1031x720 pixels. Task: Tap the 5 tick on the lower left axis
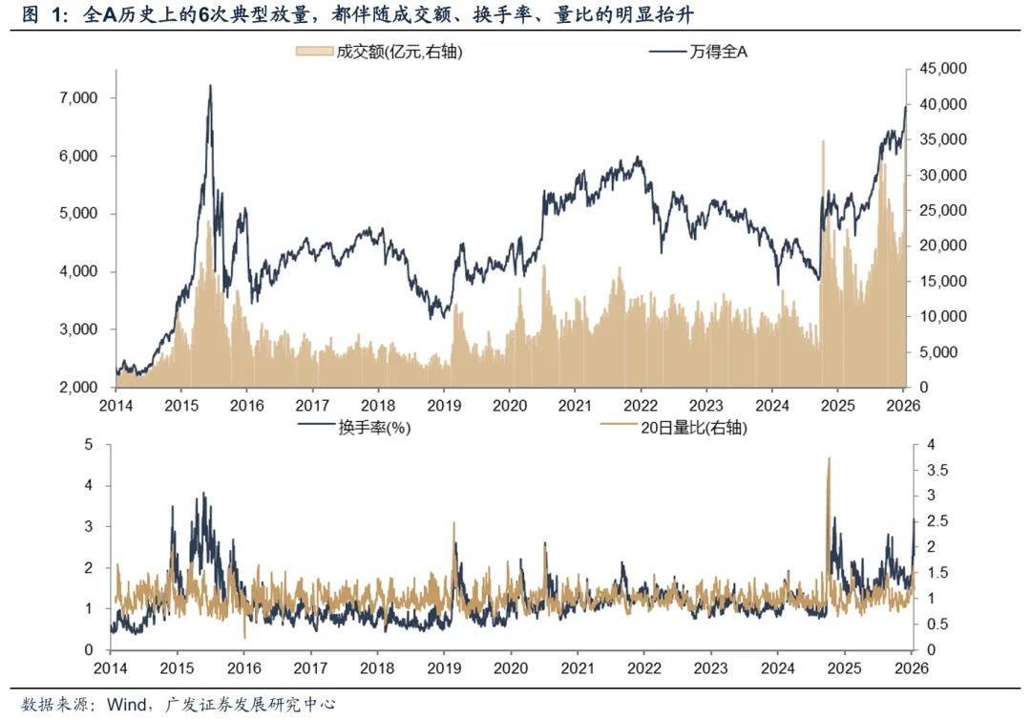(89, 444)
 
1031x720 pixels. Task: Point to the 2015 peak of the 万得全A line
(210, 86)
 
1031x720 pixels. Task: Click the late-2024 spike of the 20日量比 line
(829, 458)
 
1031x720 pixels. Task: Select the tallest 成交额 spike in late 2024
(822, 141)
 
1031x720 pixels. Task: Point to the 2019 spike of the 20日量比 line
(453, 523)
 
